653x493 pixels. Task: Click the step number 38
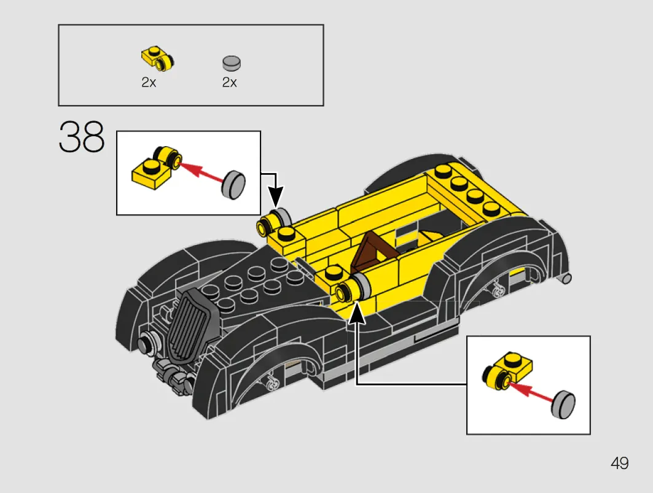click(82, 136)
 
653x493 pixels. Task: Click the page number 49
click(620, 463)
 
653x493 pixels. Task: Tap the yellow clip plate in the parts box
click(157, 59)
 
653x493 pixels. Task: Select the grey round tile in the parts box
click(232, 63)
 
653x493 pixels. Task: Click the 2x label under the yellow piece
click(149, 82)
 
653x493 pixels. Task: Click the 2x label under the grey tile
click(230, 82)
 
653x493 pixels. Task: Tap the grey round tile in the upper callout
click(234, 184)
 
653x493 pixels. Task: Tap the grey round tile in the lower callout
click(563, 405)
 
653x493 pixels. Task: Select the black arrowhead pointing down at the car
click(275, 196)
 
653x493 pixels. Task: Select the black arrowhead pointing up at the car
click(356, 313)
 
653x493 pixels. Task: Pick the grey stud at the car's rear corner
click(566, 279)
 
